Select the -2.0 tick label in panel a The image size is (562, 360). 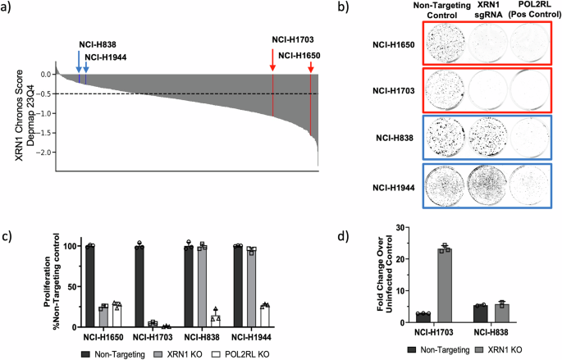click(43, 153)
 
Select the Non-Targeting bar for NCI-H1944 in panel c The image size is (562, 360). click(238, 286)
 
